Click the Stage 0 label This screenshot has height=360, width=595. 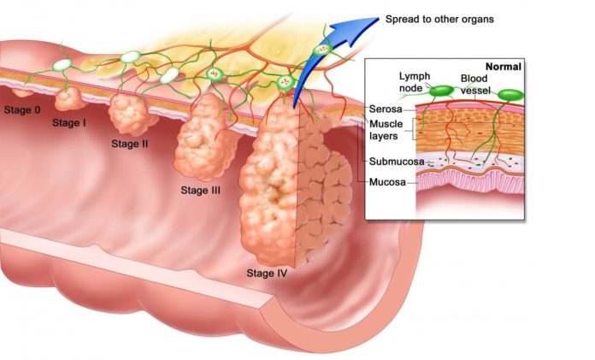[21, 110]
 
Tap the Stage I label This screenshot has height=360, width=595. [69, 122]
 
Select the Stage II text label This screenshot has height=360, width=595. [130, 144]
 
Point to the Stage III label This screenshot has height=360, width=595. [200, 190]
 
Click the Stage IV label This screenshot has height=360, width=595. [267, 273]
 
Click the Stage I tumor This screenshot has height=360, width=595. [69, 99]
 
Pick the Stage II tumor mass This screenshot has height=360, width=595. [131, 114]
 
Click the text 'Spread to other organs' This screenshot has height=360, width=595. [439, 19]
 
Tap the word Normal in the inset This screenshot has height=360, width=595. [504, 67]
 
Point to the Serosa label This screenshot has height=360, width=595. [386, 109]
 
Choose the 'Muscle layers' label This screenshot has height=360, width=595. [386, 130]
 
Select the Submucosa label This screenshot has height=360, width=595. [397, 162]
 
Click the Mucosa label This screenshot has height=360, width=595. [387, 182]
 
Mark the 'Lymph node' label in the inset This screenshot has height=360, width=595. [415, 82]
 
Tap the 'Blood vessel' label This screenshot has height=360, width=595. [474, 85]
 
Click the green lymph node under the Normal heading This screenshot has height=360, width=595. [510, 95]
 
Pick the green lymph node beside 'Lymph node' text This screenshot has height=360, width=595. [441, 91]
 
